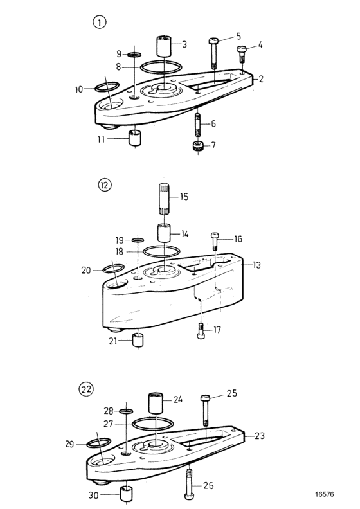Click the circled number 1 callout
pos(100,22)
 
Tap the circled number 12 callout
pos(105,185)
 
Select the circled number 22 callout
pos(86,389)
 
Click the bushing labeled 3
pos(165,47)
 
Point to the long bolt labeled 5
pos(213,53)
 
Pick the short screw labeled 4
pos(241,55)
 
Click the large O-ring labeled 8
pos(161,67)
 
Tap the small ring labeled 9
pos(134,54)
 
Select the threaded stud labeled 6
pos(198,125)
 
